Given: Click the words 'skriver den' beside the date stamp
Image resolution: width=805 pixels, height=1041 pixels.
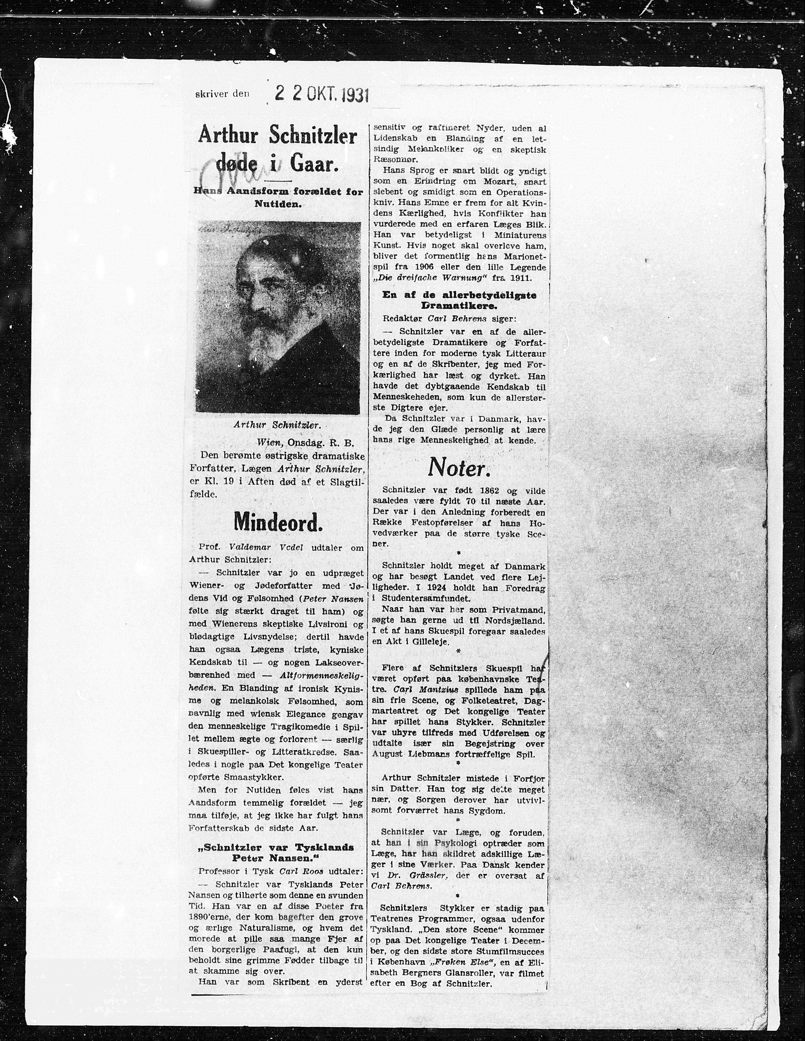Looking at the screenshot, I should coord(222,94).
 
